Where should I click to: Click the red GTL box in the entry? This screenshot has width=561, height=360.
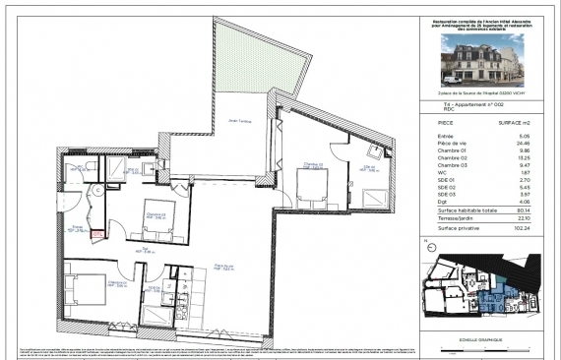[97, 234]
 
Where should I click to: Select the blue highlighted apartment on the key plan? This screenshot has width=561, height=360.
[503, 293]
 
